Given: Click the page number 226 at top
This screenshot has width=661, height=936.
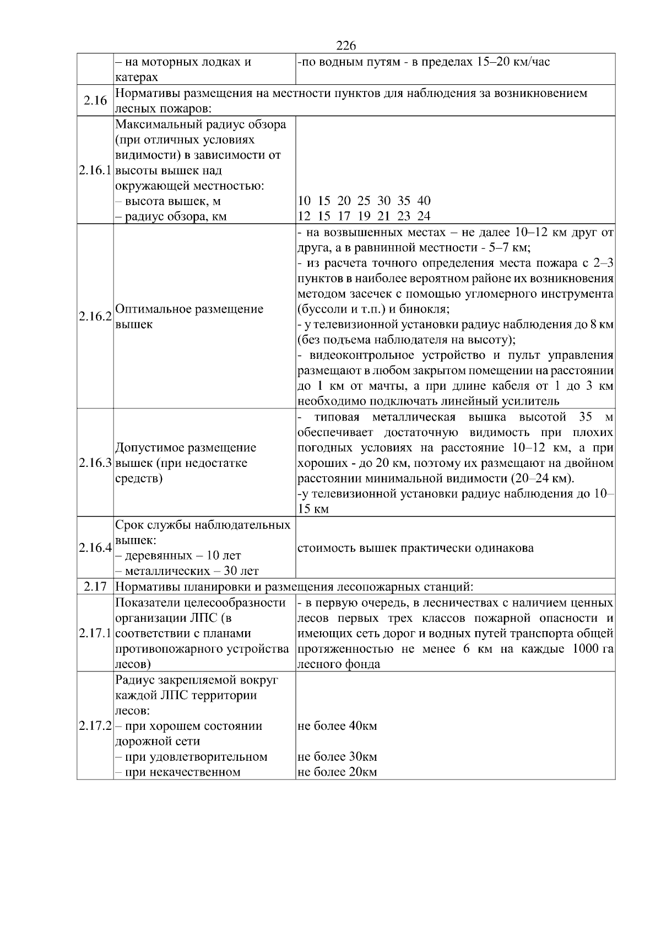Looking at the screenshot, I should pyautogui.click(x=346, y=46).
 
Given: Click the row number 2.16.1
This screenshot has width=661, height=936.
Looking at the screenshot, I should pyautogui.click(x=95, y=170).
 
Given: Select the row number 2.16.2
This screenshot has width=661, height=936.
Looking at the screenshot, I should pyautogui.click(x=95, y=316).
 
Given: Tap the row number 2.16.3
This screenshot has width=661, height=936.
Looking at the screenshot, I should pyautogui.click(x=95, y=463).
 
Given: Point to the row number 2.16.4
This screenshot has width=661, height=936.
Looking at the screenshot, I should pyautogui.click(x=95, y=548).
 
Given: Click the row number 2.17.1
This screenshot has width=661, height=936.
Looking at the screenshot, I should pyautogui.click(x=95, y=633).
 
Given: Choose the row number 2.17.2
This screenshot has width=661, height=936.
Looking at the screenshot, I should pyautogui.click(x=95, y=726).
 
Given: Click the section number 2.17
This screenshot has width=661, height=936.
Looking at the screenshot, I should pyautogui.click(x=95, y=587).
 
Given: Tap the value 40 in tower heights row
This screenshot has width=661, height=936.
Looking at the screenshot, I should pyautogui.click(x=424, y=201).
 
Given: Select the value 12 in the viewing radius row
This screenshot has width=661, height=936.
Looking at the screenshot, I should pyautogui.click(x=304, y=216).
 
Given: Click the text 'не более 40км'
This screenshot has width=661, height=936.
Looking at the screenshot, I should pyautogui.click(x=337, y=726).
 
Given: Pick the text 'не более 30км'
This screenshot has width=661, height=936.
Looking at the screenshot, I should pyautogui.click(x=337, y=757).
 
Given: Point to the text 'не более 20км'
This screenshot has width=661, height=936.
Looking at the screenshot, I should pyautogui.click(x=337, y=772).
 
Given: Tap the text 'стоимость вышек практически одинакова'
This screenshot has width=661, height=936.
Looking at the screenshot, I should pyautogui.click(x=415, y=548).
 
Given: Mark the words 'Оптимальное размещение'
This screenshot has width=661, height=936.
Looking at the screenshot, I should pyautogui.click(x=189, y=309).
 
